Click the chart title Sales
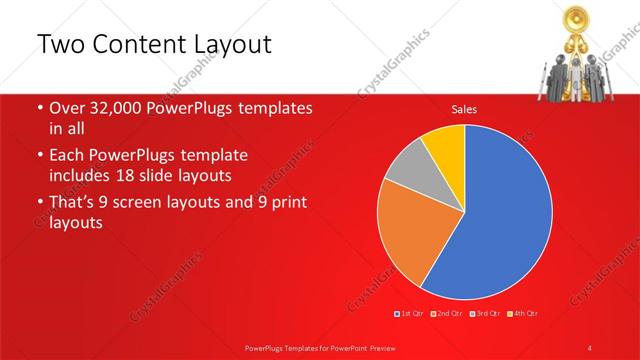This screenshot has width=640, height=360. (x=464, y=109)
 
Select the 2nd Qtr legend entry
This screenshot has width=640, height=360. (x=448, y=314)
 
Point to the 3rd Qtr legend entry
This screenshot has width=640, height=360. (x=486, y=314)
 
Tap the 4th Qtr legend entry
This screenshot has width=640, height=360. (x=523, y=314)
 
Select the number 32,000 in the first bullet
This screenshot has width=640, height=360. (x=114, y=108)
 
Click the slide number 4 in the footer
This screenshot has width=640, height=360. (x=590, y=346)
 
